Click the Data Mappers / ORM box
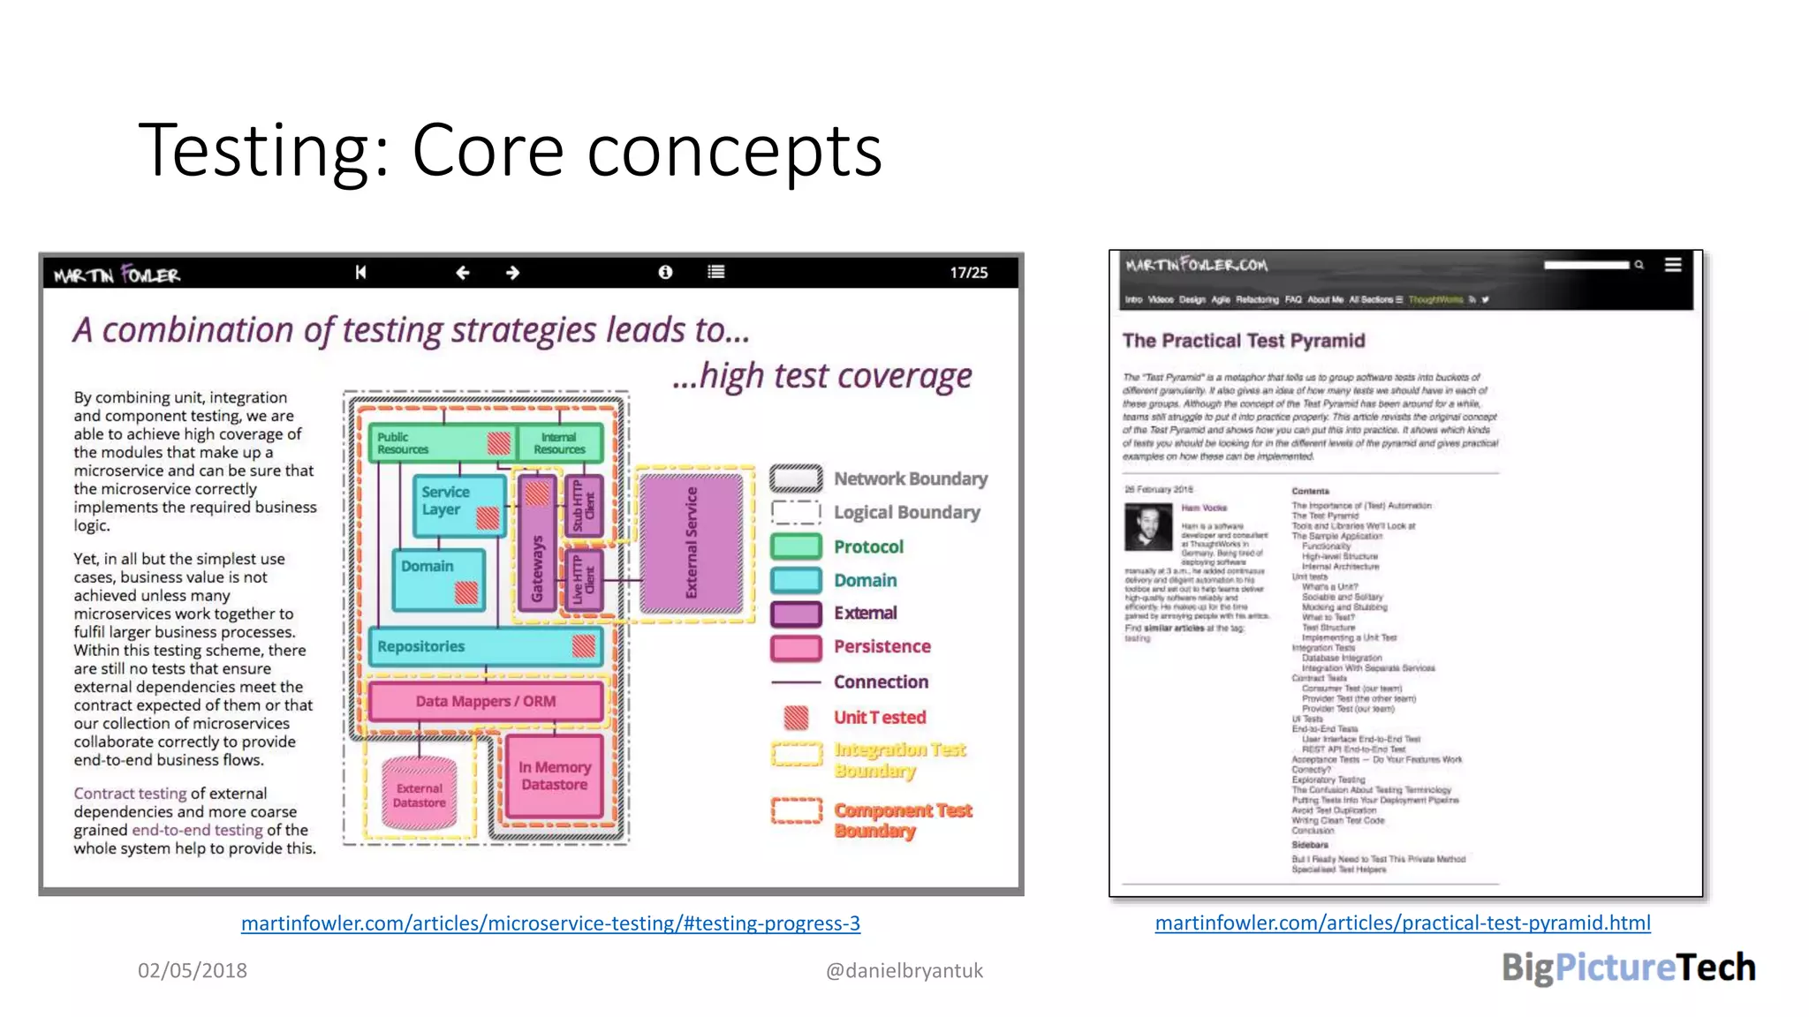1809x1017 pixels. pos(486,702)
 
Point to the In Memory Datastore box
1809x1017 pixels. pos(554,776)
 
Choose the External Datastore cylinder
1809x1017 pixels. pos(419,795)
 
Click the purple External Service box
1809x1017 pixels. pos(691,543)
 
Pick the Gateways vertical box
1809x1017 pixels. pos(536,544)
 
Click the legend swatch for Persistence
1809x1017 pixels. pos(796,647)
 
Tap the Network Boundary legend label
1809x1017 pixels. pos(911,478)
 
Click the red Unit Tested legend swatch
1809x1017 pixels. pos(796,718)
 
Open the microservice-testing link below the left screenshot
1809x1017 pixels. pos(550,923)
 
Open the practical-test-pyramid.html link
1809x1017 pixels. pos(1402,923)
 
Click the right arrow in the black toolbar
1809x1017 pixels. pos(512,273)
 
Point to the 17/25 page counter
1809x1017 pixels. pos(968,273)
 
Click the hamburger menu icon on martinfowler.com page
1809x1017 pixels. pos(1672,265)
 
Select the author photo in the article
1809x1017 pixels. pos(1147,527)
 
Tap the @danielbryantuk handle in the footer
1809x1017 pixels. pos(904,971)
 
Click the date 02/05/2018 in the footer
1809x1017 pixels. pos(192,971)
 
